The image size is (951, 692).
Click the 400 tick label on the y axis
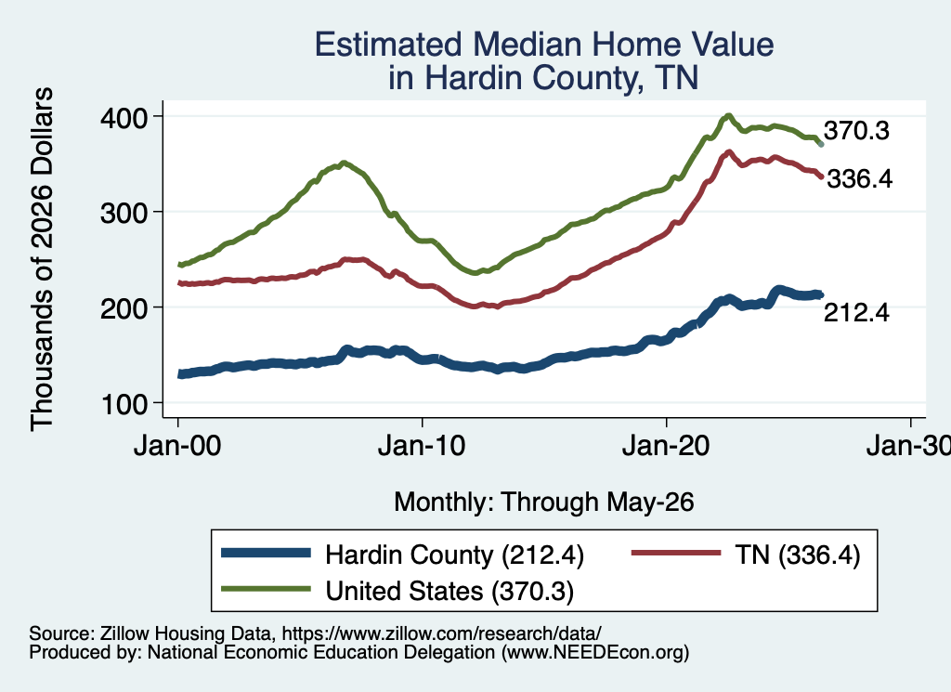pos(124,117)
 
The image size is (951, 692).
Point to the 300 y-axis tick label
pos(124,213)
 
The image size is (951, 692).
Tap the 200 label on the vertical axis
pos(124,308)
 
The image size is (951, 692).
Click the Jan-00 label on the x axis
pos(177,446)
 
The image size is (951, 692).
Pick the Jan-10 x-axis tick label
pos(422,446)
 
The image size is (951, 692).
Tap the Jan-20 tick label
pos(666,446)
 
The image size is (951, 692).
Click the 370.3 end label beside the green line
pos(856,130)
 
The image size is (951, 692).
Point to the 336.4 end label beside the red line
pos(859,179)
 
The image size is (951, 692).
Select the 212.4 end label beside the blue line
pos(856,312)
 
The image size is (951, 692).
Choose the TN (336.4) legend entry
pos(798,555)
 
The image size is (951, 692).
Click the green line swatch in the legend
pos(266,588)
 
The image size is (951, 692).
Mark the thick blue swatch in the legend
pos(266,553)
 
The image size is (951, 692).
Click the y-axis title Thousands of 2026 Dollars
pos(43,259)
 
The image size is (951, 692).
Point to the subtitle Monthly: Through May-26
pos(544,503)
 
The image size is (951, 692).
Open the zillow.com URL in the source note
pos(441,633)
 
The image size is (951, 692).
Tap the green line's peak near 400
pos(728,116)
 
